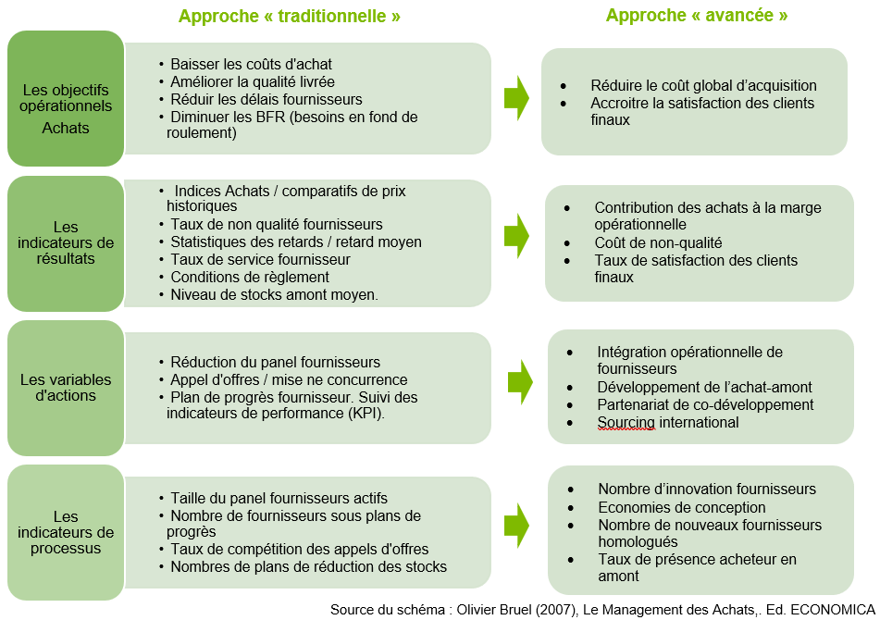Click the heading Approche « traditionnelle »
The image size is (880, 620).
coord(289,16)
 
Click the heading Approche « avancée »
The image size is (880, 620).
coord(697,15)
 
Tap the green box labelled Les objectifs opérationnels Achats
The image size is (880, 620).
coord(66,98)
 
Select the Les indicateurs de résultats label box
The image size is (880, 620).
coord(66,243)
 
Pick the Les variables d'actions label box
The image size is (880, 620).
coord(66,388)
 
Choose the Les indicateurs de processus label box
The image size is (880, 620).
coord(66,532)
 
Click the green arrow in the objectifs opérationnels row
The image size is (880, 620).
coord(516,98)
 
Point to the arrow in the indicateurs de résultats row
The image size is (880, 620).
coord(516,236)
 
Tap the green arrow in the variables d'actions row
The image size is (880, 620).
coord(520,382)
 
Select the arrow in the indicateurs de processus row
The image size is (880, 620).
coord(516,526)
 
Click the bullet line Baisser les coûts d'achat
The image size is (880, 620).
coord(245,64)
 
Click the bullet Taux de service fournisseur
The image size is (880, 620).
coord(254,259)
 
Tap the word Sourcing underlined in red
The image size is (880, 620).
coord(626,423)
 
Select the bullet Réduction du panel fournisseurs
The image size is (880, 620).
coord(269,362)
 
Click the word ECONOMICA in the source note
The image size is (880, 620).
coord(833,609)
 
